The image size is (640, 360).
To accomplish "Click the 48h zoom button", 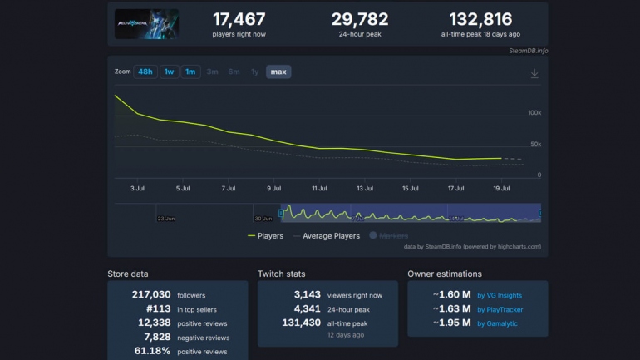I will (145, 72).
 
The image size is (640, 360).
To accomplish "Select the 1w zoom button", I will (169, 72).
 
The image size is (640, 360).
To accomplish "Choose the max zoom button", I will (278, 72).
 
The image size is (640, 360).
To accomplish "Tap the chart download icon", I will (534, 73).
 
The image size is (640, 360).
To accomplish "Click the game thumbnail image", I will (146, 23).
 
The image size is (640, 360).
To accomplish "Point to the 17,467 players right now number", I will (239, 19).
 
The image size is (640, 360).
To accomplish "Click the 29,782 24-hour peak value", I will (360, 19).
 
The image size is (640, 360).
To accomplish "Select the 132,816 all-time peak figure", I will (480, 19).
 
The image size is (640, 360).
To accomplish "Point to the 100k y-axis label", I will (534, 112).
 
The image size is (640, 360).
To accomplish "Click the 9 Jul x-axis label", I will (273, 189).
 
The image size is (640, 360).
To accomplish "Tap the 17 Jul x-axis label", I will (455, 189).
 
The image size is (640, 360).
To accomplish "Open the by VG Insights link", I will (499, 295).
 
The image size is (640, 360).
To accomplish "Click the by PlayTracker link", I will (500, 309).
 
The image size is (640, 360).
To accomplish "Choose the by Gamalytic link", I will (497, 323).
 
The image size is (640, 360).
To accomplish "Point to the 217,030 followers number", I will (151, 294).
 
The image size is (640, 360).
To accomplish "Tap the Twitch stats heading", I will (281, 274).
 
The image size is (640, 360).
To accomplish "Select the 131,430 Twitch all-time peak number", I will (302, 323).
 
